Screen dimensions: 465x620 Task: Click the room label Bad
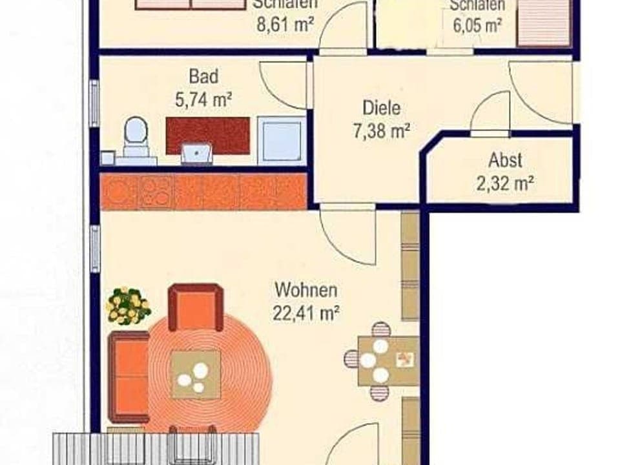[x=203, y=76]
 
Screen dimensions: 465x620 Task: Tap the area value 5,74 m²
[x=203, y=99]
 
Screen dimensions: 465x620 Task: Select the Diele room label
[x=381, y=108]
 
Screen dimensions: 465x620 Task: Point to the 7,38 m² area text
[x=382, y=132]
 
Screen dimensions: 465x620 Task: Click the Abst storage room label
[x=505, y=160]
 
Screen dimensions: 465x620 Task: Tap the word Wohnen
[x=305, y=290]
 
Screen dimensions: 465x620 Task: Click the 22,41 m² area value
[x=307, y=314]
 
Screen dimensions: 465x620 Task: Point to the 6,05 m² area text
[x=476, y=25]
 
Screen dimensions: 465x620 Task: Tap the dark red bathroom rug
[x=207, y=135]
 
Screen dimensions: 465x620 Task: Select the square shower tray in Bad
[x=281, y=141]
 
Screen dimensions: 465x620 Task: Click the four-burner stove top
[x=156, y=192]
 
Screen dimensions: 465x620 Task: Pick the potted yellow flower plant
[x=128, y=306]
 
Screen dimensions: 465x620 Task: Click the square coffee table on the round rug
[x=195, y=374]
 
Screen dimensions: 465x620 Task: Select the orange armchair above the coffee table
[x=196, y=307]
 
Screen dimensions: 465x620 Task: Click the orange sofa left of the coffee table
[x=129, y=377]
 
